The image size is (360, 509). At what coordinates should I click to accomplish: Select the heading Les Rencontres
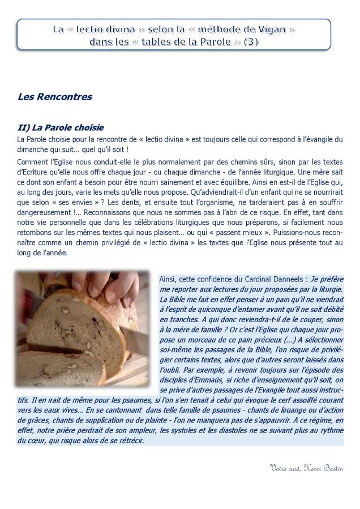pos(55,97)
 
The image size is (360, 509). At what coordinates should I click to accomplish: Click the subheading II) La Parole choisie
pos(61,127)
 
